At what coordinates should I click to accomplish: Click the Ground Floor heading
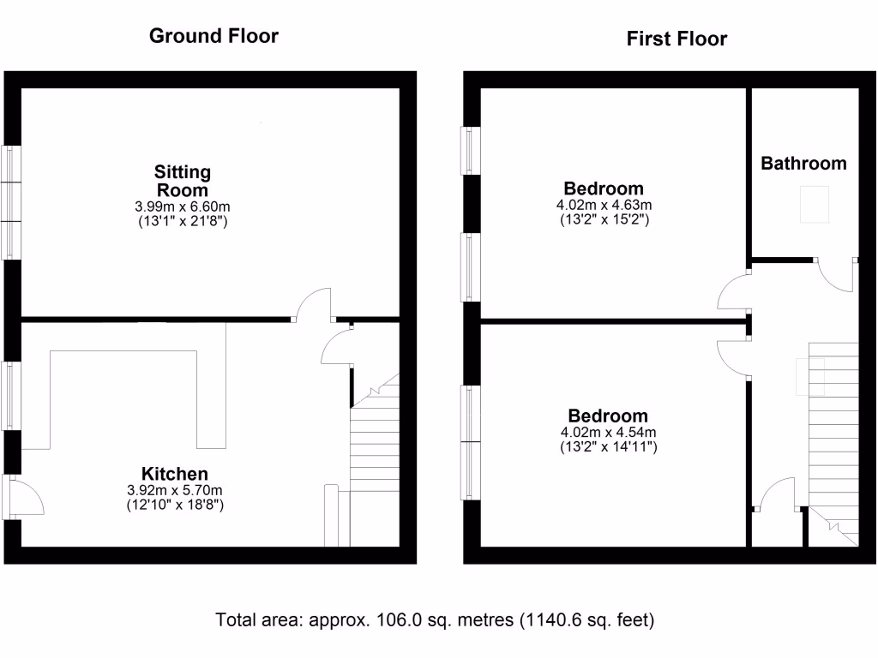(x=213, y=36)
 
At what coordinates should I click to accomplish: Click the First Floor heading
(x=677, y=39)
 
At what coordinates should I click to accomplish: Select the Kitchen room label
(x=175, y=474)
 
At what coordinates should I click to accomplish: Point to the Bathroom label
(x=803, y=163)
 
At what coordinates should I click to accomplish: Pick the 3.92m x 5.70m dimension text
(x=175, y=491)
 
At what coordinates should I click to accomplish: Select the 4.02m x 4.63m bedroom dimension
(x=603, y=205)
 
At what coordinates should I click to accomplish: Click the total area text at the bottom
(x=439, y=619)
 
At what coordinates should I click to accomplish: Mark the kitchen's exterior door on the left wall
(x=23, y=497)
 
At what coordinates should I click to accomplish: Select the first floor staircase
(x=833, y=428)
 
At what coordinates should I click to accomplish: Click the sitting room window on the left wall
(x=10, y=202)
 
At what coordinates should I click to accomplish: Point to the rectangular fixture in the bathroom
(x=815, y=204)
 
